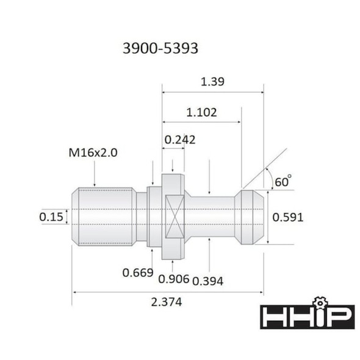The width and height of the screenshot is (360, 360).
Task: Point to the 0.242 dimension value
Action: (179, 140)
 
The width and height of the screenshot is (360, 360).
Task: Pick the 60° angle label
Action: (283, 181)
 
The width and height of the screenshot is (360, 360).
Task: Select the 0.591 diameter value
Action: (288, 217)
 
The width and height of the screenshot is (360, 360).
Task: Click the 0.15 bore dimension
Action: (51, 217)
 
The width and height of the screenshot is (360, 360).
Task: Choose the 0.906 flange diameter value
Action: (173, 279)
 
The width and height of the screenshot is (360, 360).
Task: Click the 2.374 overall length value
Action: (167, 302)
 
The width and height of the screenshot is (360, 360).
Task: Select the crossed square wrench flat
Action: (173, 217)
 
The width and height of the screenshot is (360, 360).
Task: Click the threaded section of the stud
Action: (104, 217)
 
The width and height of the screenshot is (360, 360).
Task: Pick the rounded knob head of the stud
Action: (250, 217)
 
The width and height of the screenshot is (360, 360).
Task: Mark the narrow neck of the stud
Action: (211, 217)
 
